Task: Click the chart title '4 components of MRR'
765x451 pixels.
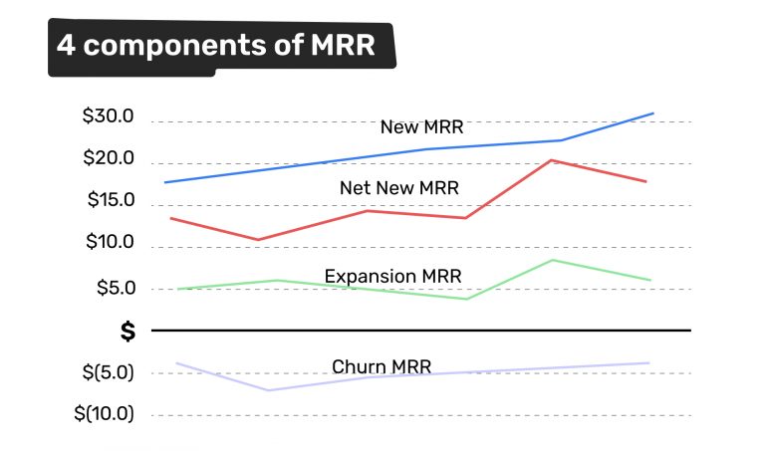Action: pyautogui.click(x=216, y=46)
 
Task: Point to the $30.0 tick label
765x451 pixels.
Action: pyautogui.click(x=108, y=117)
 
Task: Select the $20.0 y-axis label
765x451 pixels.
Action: pyautogui.click(x=108, y=159)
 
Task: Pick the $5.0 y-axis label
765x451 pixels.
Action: pyautogui.click(x=113, y=289)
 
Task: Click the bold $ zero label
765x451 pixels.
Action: pyautogui.click(x=127, y=332)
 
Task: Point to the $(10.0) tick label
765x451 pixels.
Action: pyautogui.click(x=104, y=414)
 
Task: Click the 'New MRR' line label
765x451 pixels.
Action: pyautogui.click(x=421, y=127)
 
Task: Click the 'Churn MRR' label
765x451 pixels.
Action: pyautogui.click(x=382, y=366)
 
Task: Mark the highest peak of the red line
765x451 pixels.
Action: pyautogui.click(x=553, y=160)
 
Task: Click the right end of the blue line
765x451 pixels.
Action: pyautogui.click(x=653, y=113)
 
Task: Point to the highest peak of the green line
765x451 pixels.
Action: pyautogui.click(x=553, y=260)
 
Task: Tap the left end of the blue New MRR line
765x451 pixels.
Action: pyautogui.click(x=165, y=182)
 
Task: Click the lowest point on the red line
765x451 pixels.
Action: pyautogui.click(x=259, y=240)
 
